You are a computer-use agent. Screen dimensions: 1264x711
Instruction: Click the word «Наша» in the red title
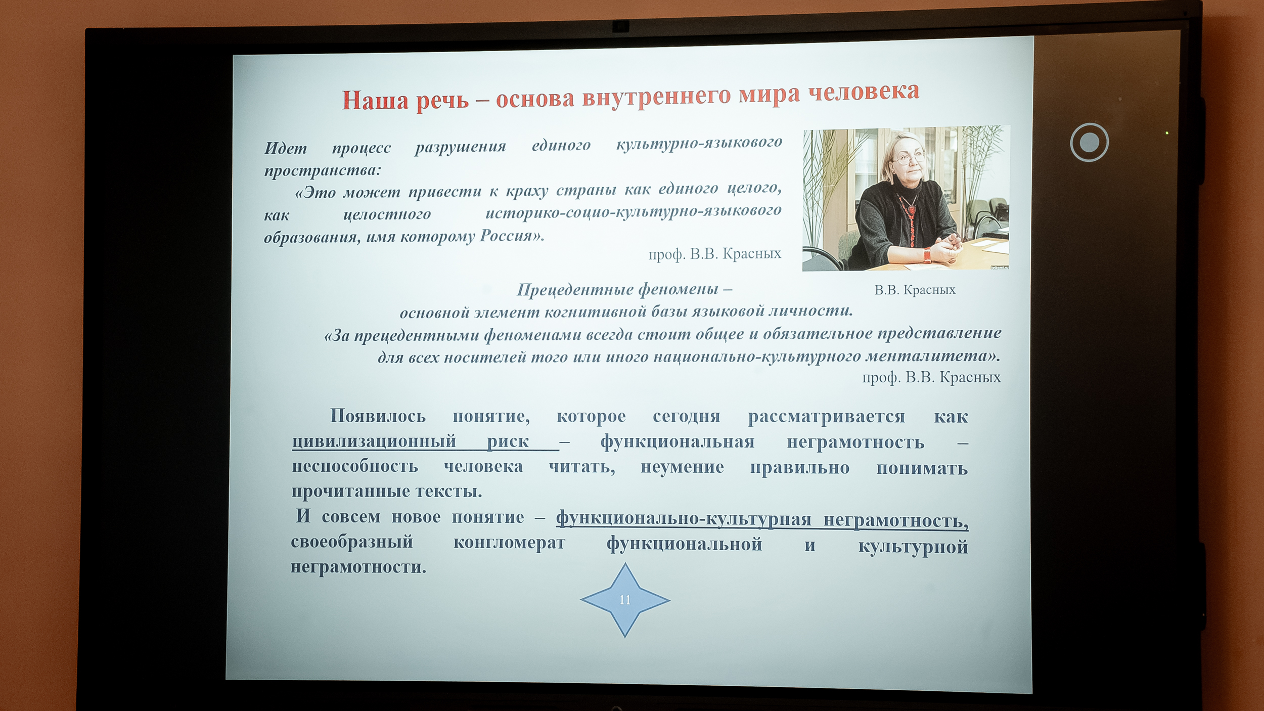pyautogui.click(x=375, y=100)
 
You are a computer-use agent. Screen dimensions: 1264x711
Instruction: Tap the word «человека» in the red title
pyautogui.click(x=864, y=92)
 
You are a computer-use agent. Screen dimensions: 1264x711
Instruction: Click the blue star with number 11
pyautogui.click(x=625, y=600)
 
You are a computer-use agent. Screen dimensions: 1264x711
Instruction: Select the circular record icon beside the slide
pyautogui.click(x=1090, y=143)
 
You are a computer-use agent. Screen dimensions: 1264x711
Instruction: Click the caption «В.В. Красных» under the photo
pyautogui.click(x=915, y=290)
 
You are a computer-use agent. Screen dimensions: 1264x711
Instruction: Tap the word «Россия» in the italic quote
pyautogui.click(x=511, y=236)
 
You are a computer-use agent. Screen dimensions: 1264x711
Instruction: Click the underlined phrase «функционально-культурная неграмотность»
pyautogui.click(x=762, y=519)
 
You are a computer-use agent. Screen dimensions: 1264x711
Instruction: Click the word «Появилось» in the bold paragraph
pyautogui.click(x=378, y=416)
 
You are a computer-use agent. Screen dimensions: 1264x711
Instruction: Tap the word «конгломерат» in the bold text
pyautogui.click(x=509, y=543)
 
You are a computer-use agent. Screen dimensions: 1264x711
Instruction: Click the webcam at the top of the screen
pyautogui.click(x=621, y=26)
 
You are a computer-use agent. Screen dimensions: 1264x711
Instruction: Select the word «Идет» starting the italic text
pyautogui.click(x=285, y=148)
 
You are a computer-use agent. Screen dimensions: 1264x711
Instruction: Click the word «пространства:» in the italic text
pyautogui.click(x=323, y=171)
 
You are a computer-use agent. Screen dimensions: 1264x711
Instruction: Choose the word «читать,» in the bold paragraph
pyautogui.click(x=582, y=466)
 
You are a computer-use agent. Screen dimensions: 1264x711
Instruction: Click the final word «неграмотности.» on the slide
pyautogui.click(x=358, y=567)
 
